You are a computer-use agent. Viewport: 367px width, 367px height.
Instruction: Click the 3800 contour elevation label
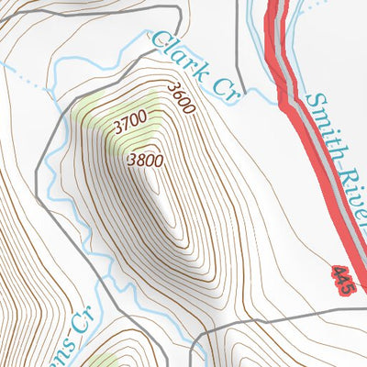(x=145, y=161)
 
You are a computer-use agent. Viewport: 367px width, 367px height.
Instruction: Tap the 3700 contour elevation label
(x=131, y=120)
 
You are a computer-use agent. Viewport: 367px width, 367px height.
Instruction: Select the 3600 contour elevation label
(x=182, y=98)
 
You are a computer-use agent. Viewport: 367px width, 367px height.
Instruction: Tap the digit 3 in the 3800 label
(x=132, y=159)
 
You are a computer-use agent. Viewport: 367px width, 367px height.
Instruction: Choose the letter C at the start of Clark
(x=159, y=39)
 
